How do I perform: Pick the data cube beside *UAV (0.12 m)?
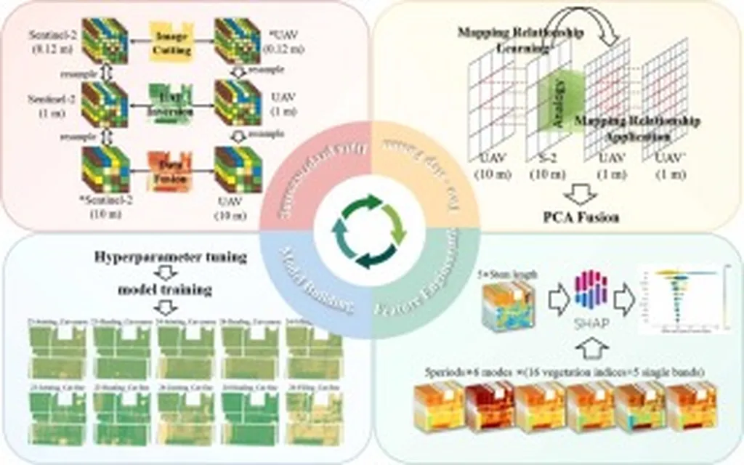coord(238,38)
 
